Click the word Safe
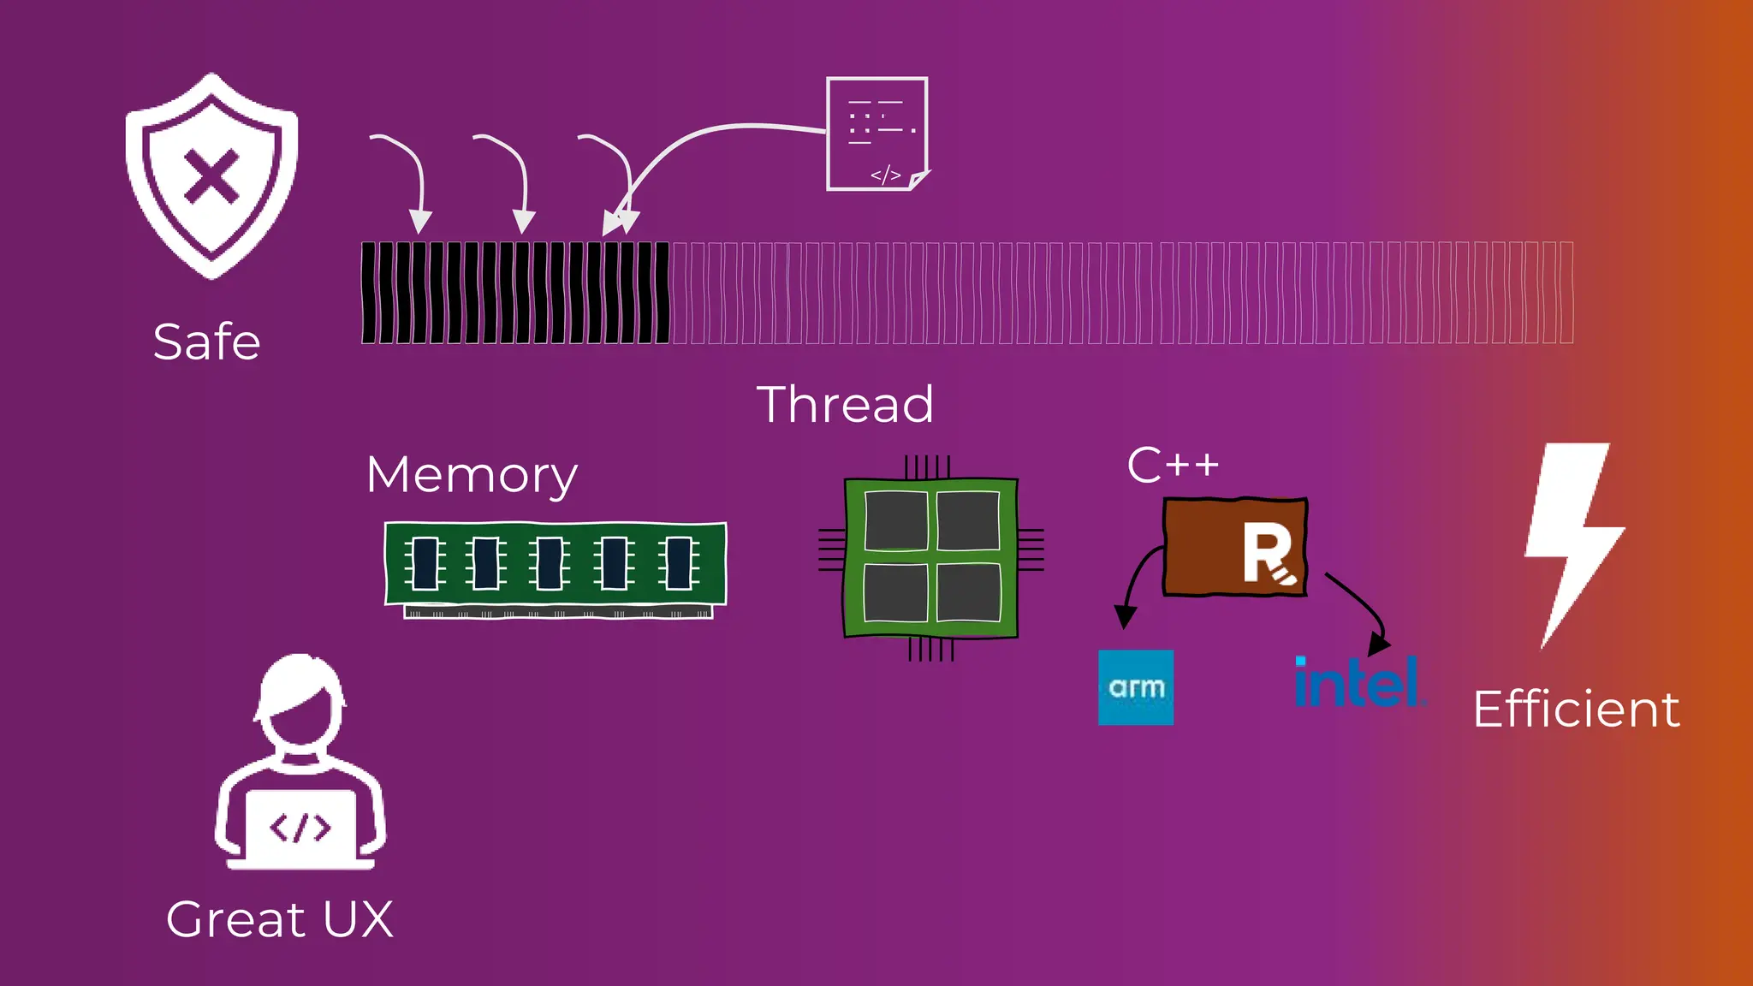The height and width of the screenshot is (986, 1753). pyautogui.click(x=206, y=342)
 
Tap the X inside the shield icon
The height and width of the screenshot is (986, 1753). pyautogui.click(x=211, y=177)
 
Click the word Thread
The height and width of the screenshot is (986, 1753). pyautogui.click(x=845, y=404)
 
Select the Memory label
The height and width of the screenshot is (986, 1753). pyautogui.click(x=472, y=475)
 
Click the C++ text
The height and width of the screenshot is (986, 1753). pyautogui.click(x=1173, y=466)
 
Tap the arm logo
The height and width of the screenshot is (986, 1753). pyautogui.click(x=1136, y=687)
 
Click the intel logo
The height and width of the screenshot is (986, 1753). pyautogui.click(x=1359, y=684)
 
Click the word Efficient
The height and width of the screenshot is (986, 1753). pyautogui.click(x=1577, y=709)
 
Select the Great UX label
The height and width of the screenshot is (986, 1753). pyautogui.click(x=280, y=919)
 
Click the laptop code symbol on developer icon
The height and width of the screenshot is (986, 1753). pyautogui.click(x=300, y=827)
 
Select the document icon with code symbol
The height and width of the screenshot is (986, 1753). pyautogui.click(x=877, y=134)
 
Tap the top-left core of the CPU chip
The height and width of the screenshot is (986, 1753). pyautogui.click(x=895, y=521)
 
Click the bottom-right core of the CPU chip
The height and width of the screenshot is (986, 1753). pyautogui.click(x=968, y=593)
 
